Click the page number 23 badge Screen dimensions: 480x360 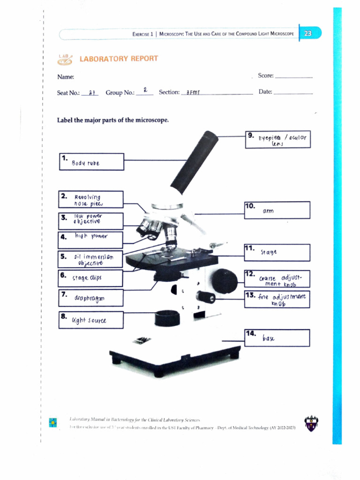pyautogui.click(x=308, y=34)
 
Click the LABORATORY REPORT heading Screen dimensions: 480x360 pyautogui.click(x=119, y=59)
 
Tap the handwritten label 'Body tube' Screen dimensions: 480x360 pyautogui.click(x=86, y=164)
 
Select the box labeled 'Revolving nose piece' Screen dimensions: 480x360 pyautogui.click(x=91, y=199)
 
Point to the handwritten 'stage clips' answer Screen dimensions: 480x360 pyautogui.click(x=87, y=278)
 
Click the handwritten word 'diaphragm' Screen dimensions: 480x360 pyautogui.click(x=89, y=298)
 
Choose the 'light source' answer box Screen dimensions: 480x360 pyautogui.click(x=91, y=320)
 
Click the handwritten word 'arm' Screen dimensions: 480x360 pyautogui.click(x=268, y=211)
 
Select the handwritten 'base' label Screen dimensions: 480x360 pyautogui.click(x=269, y=338)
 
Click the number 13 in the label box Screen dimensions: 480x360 pyautogui.click(x=250, y=295)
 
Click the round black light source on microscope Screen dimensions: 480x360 pyautogui.click(x=167, y=318)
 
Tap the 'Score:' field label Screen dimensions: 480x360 pyautogui.click(x=266, y=75)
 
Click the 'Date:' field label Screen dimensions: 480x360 pyautogui.click(x=265, y=92)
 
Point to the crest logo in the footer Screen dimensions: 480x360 pyautogui.click(x=310, y=423)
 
